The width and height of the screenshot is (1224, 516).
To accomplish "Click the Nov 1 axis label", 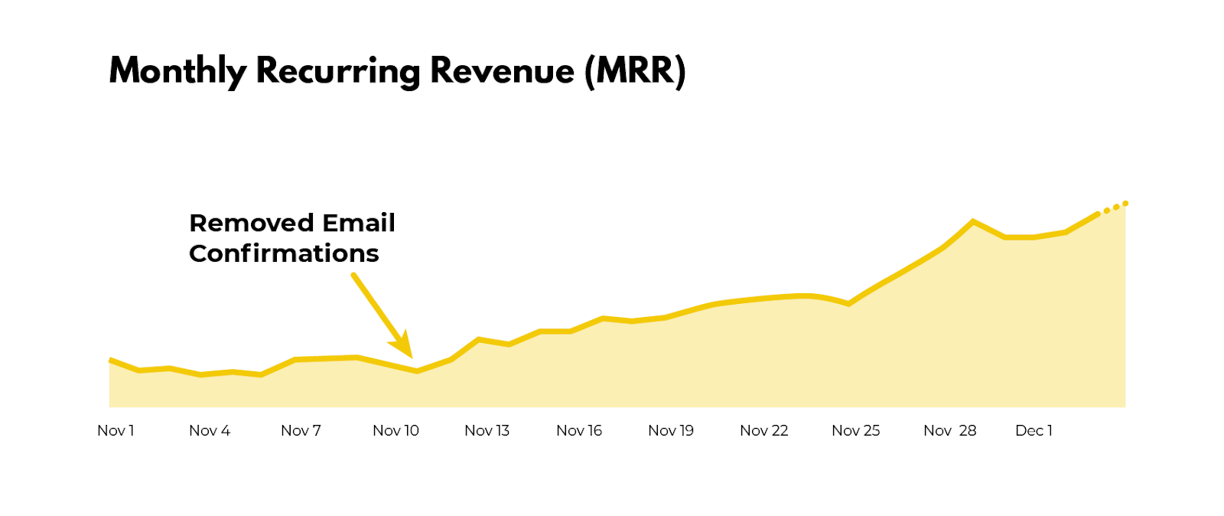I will tap(116, 430).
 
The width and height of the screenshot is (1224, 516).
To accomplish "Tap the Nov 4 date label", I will tap(210, 430).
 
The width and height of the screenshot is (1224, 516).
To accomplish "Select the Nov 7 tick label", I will tap(301, 430).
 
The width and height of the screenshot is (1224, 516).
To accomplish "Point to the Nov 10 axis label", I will tap(396, 430).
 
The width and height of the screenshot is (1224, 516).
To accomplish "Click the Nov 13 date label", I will tap(487, 430).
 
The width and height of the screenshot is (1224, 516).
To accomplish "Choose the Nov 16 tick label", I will tap(579, 430).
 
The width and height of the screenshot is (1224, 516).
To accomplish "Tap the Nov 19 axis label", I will tap(671, 430).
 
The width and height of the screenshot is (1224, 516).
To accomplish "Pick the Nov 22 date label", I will tap(763, 430).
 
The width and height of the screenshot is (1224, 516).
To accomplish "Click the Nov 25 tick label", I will tap(856, 430).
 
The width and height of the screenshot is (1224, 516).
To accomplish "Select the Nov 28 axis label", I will tap(950, 430).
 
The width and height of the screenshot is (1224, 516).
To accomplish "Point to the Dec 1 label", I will tap(1034, 430).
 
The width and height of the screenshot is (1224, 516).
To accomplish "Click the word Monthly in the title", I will tap(177, 71).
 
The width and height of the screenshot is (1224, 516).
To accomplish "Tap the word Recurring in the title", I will tap(337, 71).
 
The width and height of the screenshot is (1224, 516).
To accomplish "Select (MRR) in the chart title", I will tap(635, 71).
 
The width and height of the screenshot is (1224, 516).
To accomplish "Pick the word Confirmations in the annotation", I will tap(284, 253).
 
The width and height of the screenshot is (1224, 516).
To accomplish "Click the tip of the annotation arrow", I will tap(411, 356).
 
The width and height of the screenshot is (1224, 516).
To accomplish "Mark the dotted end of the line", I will tap(1115, 207).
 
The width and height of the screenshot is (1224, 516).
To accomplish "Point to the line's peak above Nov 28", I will tap(973, 222).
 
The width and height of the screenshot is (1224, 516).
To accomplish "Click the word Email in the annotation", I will tap(359, 223).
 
